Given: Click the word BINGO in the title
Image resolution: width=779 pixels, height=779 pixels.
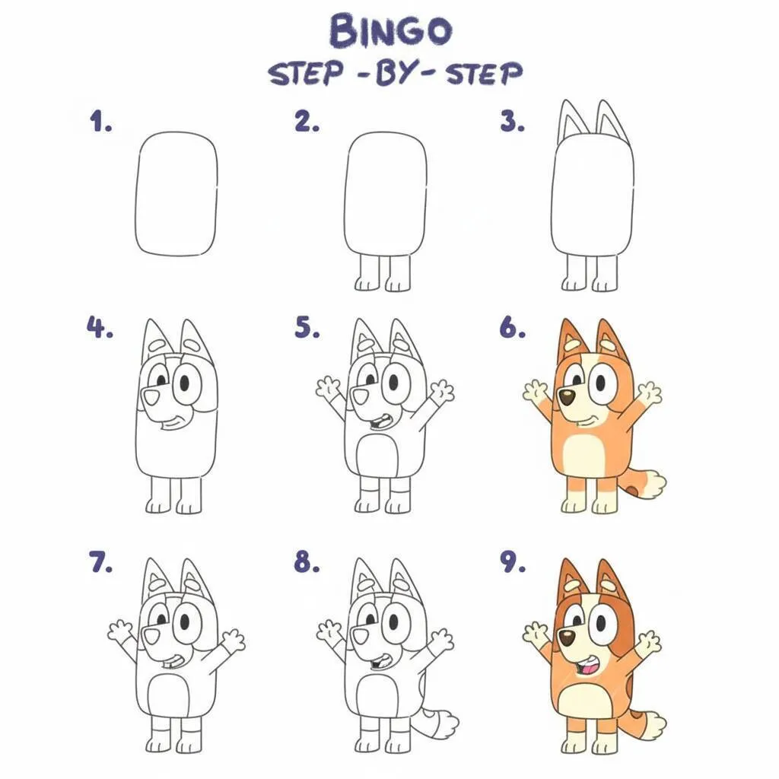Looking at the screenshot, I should (x=389, y=30).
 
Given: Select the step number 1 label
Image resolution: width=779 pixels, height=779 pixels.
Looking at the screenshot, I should (x=100, y=122).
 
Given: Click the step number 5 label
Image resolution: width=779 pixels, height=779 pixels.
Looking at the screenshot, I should (x=307, y=329).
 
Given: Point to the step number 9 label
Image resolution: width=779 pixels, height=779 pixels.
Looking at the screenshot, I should (x=513, y=563).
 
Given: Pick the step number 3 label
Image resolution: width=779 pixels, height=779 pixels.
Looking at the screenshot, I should (x=513, y=122).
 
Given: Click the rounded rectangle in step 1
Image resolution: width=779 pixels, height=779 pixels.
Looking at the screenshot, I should (x=176, y=193).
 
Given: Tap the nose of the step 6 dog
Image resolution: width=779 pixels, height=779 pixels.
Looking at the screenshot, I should (x=566, y=396).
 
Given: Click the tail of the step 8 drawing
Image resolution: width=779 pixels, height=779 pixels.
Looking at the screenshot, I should (x=439, y=722).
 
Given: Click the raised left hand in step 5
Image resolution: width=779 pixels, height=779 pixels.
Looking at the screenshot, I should (x=329, y=387).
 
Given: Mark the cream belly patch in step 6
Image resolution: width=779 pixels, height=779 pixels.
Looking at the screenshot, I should (x=583, y=456).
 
